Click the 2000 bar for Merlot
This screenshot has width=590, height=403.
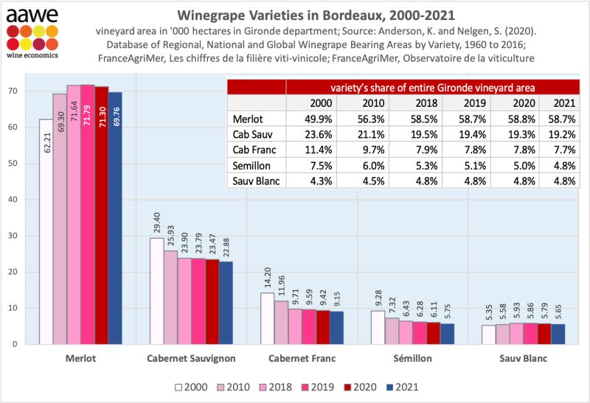(x=46, y=231)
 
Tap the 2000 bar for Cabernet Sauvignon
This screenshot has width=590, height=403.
(x=156, y=291)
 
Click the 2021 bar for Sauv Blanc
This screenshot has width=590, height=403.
(x=558, y=334)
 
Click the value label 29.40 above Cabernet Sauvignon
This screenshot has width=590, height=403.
(x=156, y=222)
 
